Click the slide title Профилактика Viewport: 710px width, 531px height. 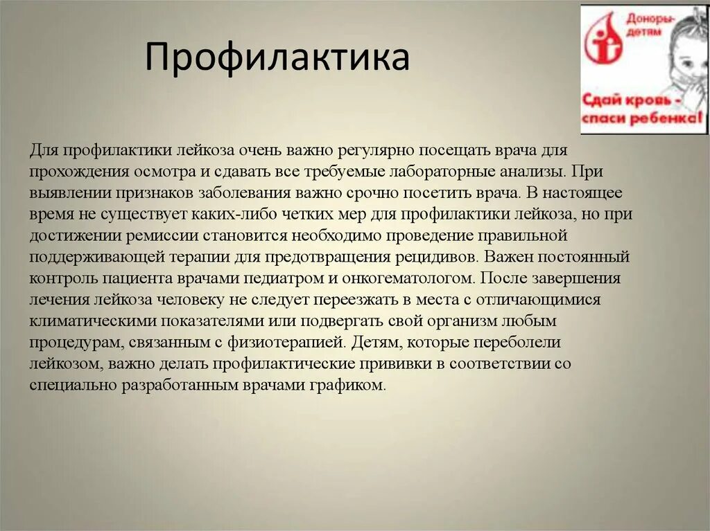(x=277, y=58)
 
